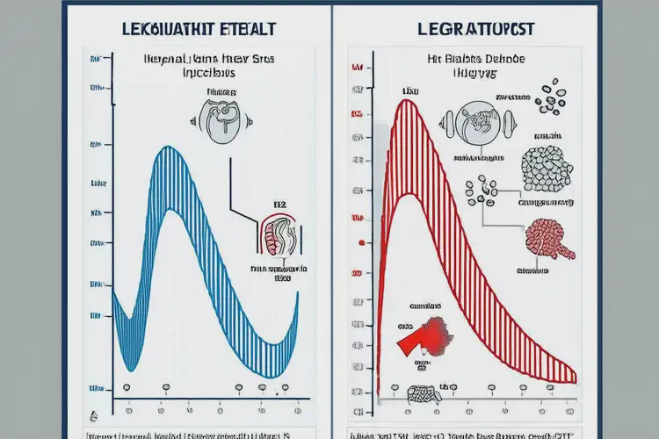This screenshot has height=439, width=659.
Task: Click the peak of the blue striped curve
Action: [x=168, y=151]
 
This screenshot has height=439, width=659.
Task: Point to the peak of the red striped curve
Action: [x=405, y=104]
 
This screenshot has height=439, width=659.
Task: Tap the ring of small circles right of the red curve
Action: [x=482, y=191]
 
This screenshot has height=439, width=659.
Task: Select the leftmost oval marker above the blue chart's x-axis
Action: [x=126, y=386]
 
